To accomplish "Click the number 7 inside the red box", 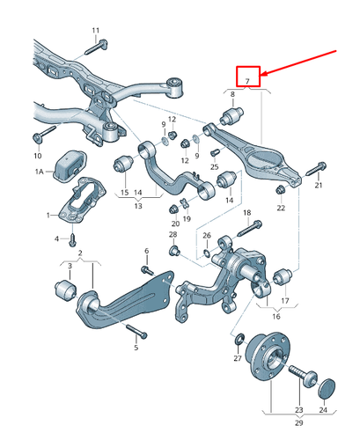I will click(248, 82).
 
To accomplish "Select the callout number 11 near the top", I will click(96, 32).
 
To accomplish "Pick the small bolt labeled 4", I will click(72, 237).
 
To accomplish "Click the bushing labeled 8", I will click(235, 116).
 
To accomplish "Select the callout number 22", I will click(281, 208).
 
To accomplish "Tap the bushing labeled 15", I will click(125, 164).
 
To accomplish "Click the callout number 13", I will click(137, 205).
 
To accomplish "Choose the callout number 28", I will click(173, 235).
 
